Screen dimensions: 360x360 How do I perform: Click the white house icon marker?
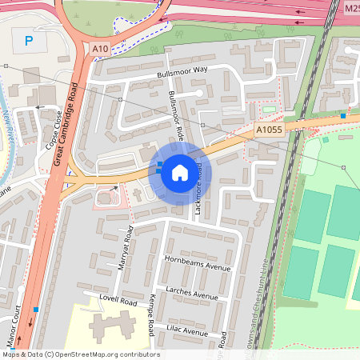point(180,173)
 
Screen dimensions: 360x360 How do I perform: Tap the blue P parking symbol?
point(30,41)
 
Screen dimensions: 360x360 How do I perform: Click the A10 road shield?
point(99,50)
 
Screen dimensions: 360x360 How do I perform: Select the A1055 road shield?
point(270,130)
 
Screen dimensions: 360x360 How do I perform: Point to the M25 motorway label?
point(352,8)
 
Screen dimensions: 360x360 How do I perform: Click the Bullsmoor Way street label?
point(182,70)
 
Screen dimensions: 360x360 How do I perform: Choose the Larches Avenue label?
point(192,293)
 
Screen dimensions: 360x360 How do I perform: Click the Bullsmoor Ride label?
point(177,116)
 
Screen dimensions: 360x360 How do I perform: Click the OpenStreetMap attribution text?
point(80,354)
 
